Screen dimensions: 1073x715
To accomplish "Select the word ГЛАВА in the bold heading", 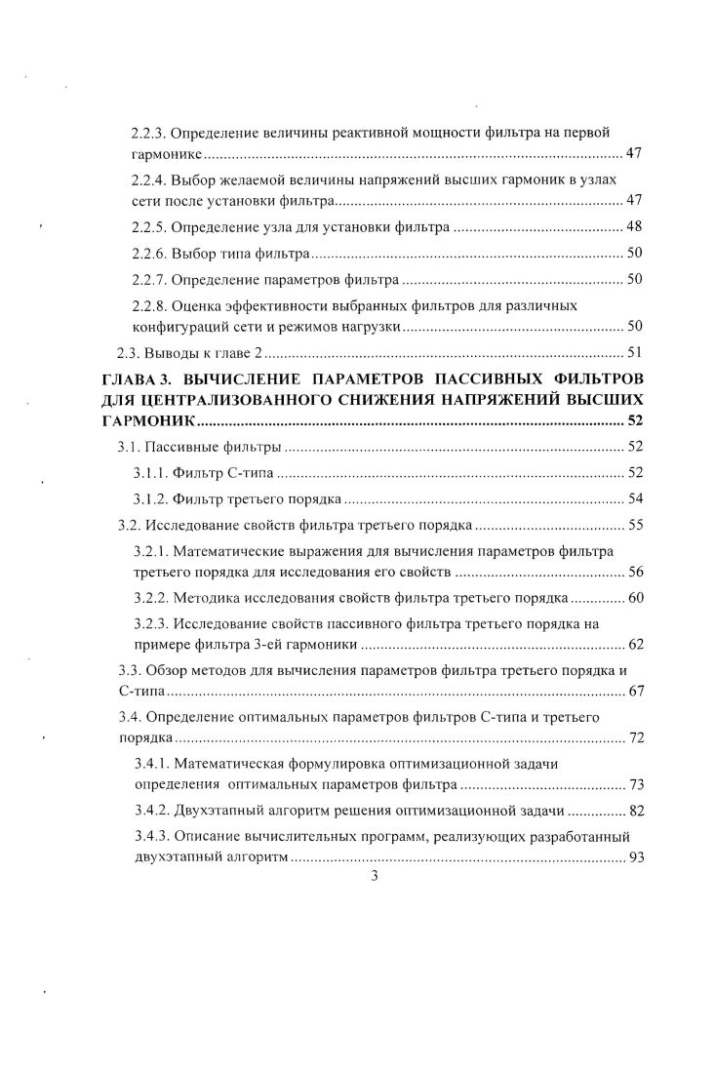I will pyautogui.click(x=134, y=378).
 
